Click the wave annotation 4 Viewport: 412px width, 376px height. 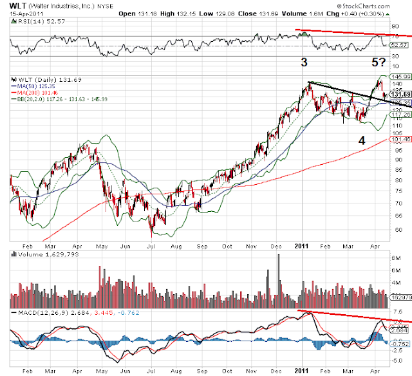pos(362,140)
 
